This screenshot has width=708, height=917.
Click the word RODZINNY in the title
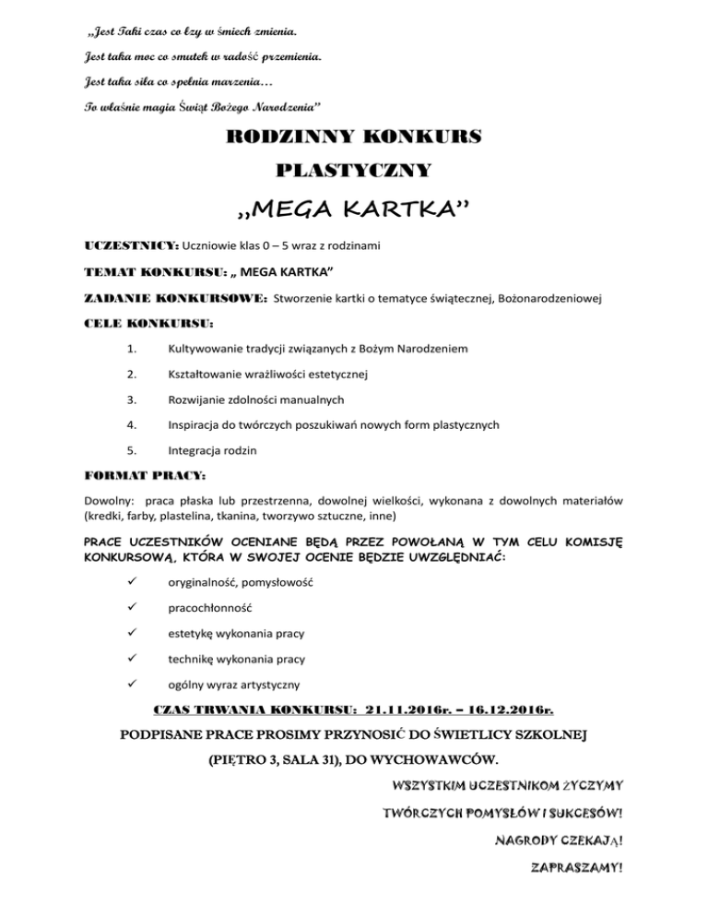click(x=282, y=138)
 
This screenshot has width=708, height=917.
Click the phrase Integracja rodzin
click(x=217, y=449)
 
